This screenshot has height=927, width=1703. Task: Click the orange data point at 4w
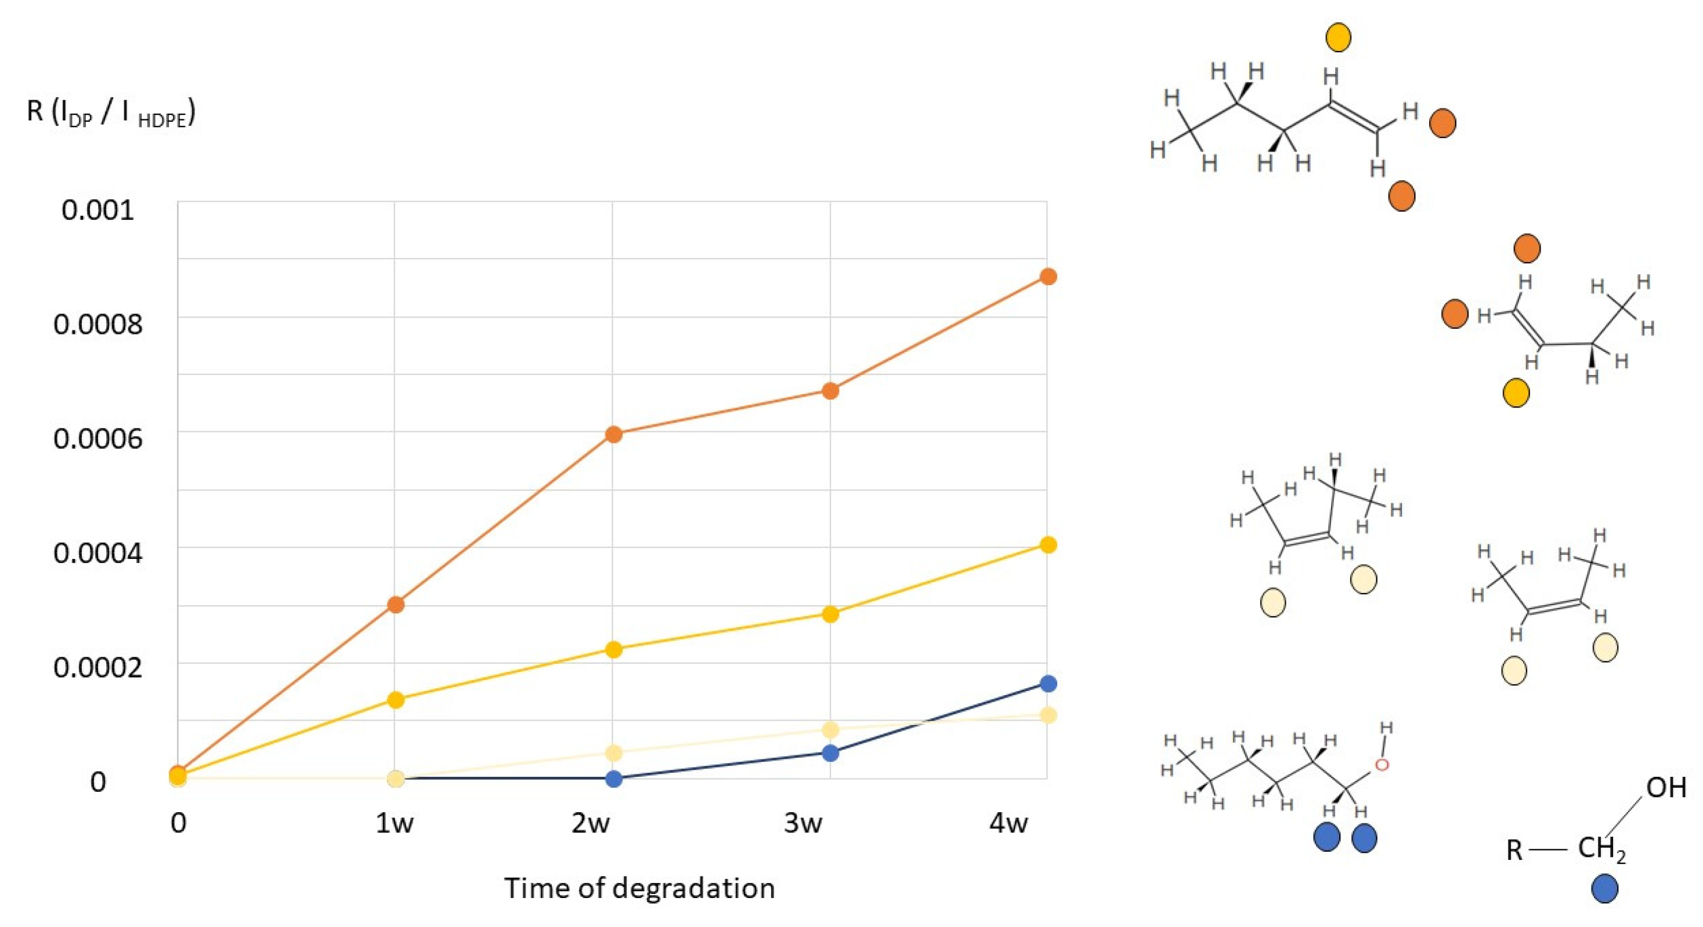point(1048,276)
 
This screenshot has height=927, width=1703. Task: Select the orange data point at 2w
point(613,434)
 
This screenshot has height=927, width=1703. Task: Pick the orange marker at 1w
point(395,604)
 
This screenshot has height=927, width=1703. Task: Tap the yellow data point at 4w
point(1048,544)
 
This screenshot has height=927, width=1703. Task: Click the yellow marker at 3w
point(830,614)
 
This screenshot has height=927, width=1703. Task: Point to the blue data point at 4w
point(1048,683)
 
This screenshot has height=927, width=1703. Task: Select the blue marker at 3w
point(830,752)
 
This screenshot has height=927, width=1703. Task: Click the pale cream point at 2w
point(613,752)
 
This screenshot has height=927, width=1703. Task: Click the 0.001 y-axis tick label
point(98,210)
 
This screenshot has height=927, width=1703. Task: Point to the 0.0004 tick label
point(98,553)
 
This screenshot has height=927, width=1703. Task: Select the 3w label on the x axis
point(803,823)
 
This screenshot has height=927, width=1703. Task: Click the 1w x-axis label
point(395,823)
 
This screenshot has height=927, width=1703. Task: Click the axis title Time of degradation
point(639,888)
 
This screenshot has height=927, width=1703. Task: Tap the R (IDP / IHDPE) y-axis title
point(111,112)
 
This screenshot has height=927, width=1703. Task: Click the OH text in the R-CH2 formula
point(1666,788)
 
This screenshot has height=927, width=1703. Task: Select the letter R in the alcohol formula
point(1514,850)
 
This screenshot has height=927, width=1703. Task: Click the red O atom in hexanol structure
point(1382,765)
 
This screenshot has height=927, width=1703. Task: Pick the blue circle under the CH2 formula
point(1604,888)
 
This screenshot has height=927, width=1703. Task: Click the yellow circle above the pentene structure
point(1339,38)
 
